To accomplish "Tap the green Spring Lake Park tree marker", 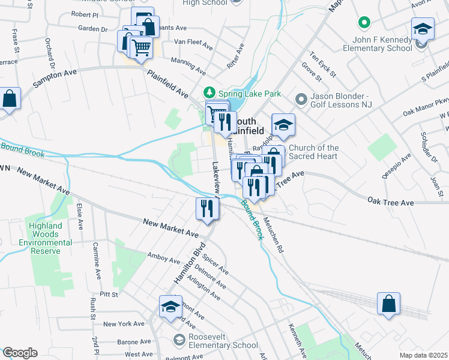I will pos(209,93).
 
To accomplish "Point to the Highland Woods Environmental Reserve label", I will pos(46,238).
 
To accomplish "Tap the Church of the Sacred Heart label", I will pos(314,152).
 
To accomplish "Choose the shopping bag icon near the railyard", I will pos(388,304).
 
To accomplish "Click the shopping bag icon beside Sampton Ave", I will pos(10,99).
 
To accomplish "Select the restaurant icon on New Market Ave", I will pos(205,209).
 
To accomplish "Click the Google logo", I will pos(20,353).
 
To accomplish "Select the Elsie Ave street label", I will pos(79,215).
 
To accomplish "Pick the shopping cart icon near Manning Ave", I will pos(141,47).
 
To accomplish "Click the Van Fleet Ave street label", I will pos(193,46).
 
